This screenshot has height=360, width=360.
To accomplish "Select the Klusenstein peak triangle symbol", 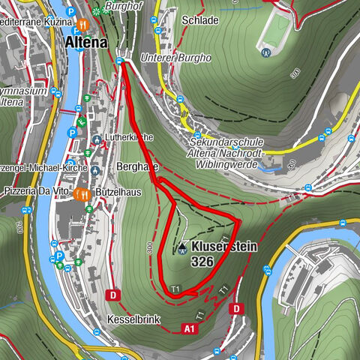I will [x=181, y=247].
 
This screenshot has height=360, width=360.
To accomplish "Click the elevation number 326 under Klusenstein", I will [x=202, y=262].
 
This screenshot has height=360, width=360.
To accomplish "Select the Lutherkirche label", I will [x=131, y=138].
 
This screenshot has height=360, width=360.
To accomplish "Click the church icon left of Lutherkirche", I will [x=98, y=139].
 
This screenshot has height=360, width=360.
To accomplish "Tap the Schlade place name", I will [x=205, y=19].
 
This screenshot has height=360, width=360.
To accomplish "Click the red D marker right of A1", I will [x=236, y=308].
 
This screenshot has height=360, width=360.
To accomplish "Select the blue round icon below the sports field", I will [x=265, y=52].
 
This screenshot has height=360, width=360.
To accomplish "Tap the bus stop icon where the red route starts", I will [x=120, y=62].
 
